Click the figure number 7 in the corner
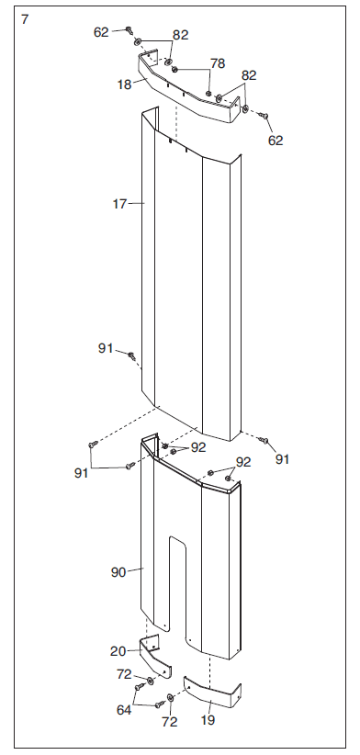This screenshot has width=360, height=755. click(x=25, y=19)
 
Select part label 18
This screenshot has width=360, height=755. click(x=124, y=85)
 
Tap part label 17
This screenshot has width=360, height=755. click(x=119, y=204)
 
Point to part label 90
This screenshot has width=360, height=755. click(x=118, y=572)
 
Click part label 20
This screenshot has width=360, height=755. click(x=118, y=651)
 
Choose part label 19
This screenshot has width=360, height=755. click(x=208, y=720)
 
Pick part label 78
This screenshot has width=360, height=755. click(x=218, y=63)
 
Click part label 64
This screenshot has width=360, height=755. click(x=124, y=710)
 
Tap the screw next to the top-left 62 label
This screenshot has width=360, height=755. click(x=129, y=30)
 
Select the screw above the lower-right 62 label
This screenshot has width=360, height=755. click(x=264, y=116)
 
